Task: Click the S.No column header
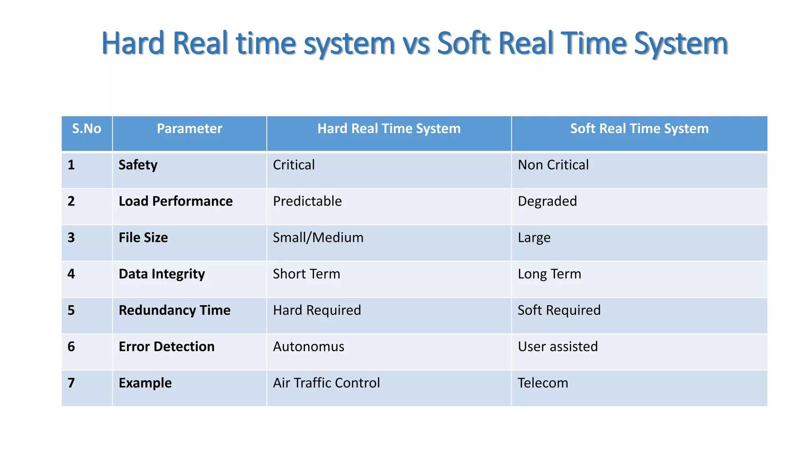coord(86,129)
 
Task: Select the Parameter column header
coord(189,129)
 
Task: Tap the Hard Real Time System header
coord(389,129)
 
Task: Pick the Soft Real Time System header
coord(639,129)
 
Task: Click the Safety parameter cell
coord(138,165)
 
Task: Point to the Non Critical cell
coord(553,165)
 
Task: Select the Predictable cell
coord(307,201)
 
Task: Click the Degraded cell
coord(547,201)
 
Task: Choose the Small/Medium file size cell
coord(318,238)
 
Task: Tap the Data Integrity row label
coord(162,274)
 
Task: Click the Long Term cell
coord(549,274)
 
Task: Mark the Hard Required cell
coord(317,310)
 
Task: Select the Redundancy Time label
coord(174,310)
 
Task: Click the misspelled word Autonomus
coord(309,347)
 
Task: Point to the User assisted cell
coord(557,347)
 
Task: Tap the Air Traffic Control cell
coord(326,383)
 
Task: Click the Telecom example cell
coord(543,383)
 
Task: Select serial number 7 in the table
coord(71,383)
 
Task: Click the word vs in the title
coord(416,43)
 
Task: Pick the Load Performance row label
coord(176,201)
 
